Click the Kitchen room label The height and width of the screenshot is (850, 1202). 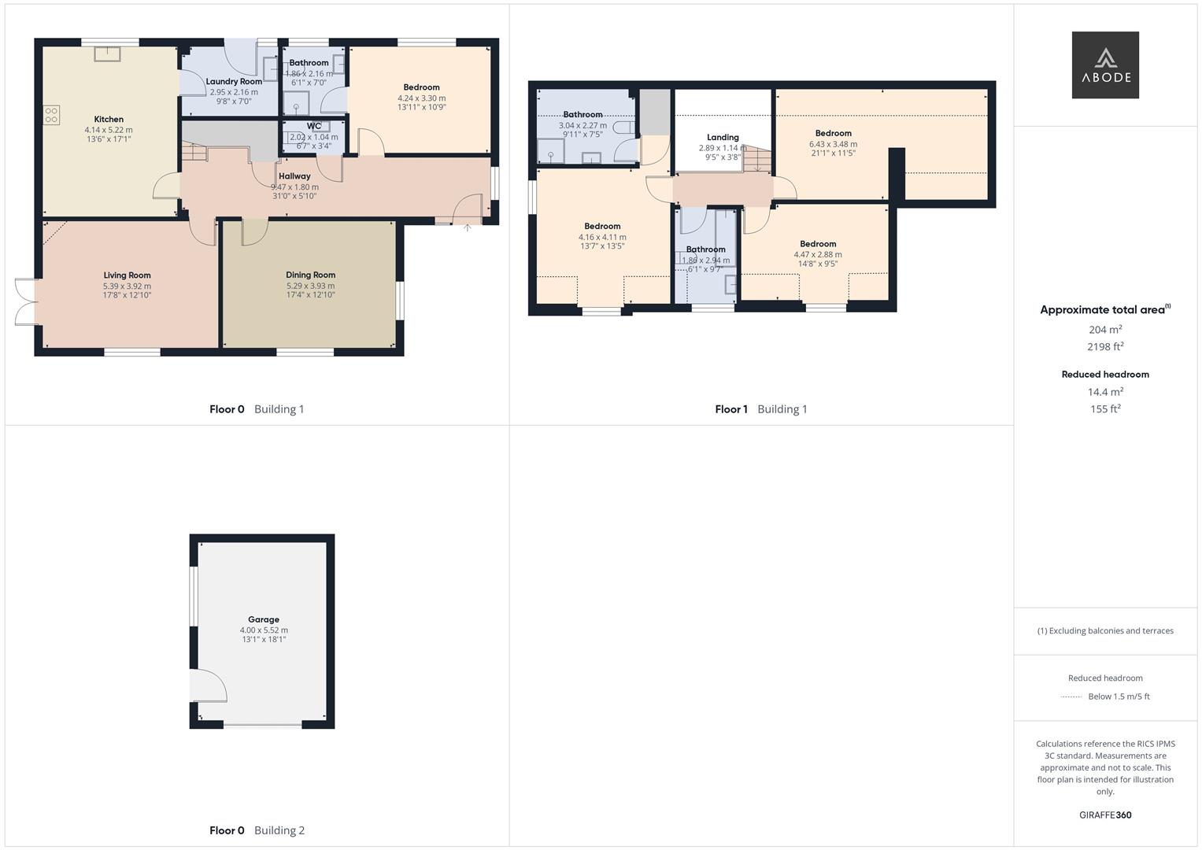(109, 120)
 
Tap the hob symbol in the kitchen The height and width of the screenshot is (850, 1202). (51, 116)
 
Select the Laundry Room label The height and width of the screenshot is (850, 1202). (234, 82)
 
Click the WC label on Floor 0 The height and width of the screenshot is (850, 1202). (314, 126)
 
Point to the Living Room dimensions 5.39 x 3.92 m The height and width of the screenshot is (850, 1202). (127, 286)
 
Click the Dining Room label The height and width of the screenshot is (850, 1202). (310, 275)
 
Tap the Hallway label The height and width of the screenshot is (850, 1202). (294, 176)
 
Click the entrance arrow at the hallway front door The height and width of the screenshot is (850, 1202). (467, 227)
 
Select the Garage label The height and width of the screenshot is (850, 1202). (264, 619)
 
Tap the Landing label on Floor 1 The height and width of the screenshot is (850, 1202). (723, 137)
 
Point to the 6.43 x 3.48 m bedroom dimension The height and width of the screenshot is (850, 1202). (833, 144)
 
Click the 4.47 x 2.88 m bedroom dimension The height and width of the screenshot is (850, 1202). (818, 254)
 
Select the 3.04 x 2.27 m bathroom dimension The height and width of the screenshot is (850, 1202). (583, 125)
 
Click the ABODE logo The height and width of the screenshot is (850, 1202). (1105, 65)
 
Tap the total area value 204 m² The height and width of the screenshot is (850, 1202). (1105, 330)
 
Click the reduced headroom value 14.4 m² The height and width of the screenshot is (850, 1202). (1105, 392)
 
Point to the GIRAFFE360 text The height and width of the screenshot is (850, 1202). (1105, 815)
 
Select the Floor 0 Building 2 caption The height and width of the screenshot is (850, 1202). (257, 830)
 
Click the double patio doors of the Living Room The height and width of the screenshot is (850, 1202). (26, 301)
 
